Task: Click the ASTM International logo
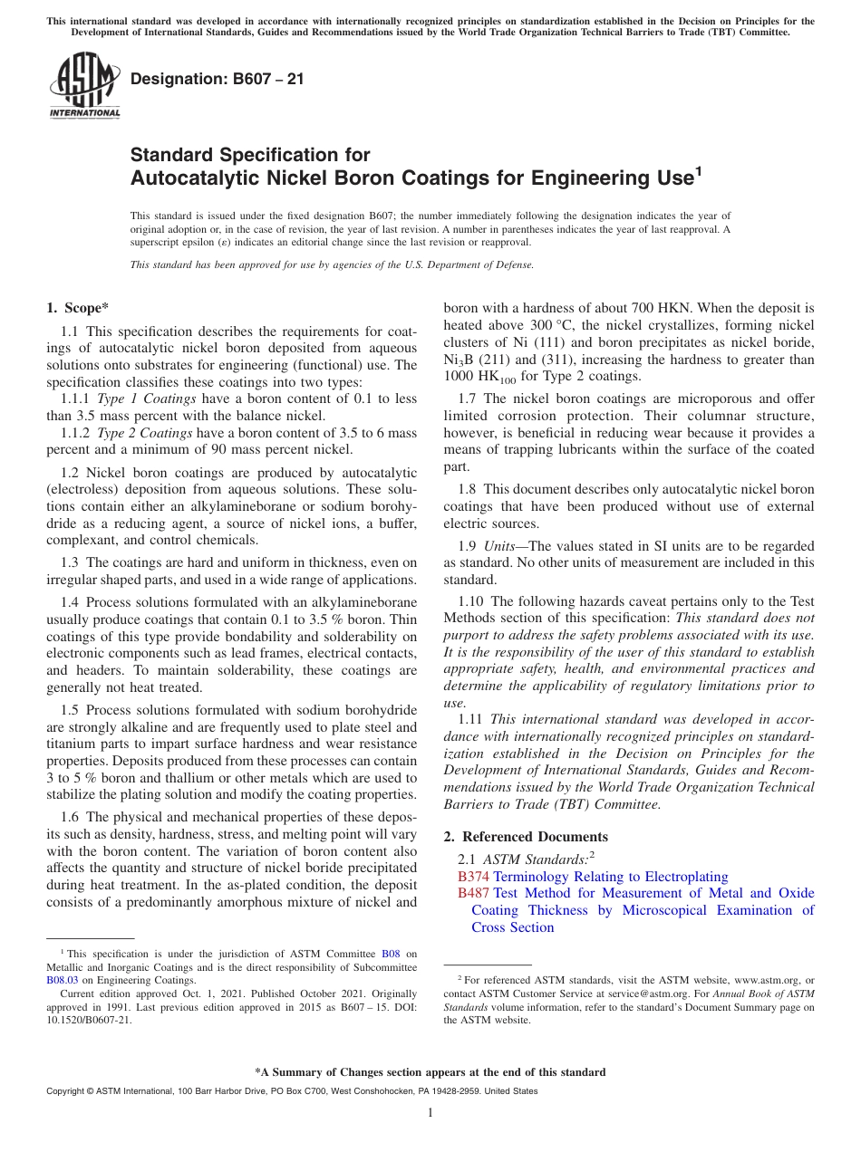(83, 85)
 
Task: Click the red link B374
(473, 877)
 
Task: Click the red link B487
(473, 893)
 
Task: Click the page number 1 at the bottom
(430, 1113)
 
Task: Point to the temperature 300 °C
(555, 325)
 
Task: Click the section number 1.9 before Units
(469, 545)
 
